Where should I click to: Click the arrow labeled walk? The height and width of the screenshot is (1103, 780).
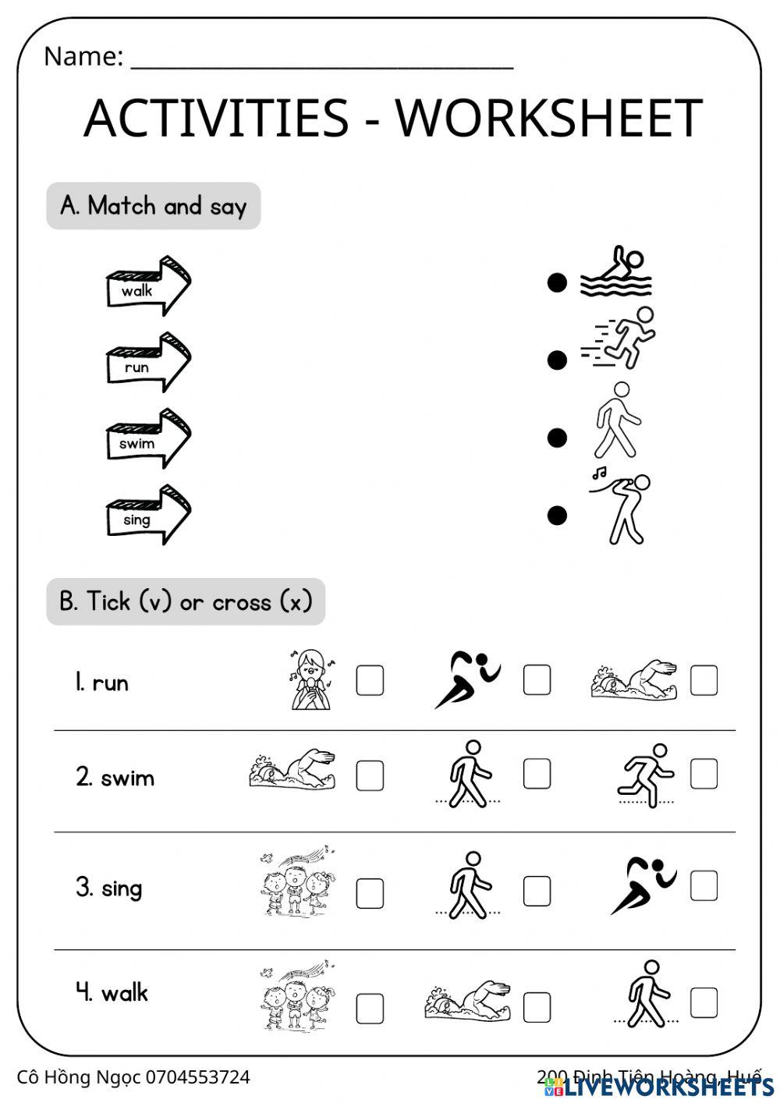(147, 286)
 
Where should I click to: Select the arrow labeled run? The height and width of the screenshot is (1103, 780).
(147, 363)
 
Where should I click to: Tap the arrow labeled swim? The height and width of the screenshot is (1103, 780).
(147, 439)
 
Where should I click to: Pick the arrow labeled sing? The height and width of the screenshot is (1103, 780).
(147, 516)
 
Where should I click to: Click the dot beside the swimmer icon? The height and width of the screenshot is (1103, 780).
(556, 282)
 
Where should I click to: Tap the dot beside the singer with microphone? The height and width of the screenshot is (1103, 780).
(556, 515)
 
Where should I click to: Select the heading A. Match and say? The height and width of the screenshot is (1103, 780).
(154, 206)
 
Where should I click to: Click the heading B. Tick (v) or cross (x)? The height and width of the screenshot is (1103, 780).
(186, 601)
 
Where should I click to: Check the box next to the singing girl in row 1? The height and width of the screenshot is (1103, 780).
(370, 680)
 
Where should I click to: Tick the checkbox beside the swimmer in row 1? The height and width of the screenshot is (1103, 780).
(704, 680)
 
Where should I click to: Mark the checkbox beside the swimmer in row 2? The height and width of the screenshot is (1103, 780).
(370, 775)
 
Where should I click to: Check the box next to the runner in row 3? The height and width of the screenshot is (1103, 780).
(704, 886)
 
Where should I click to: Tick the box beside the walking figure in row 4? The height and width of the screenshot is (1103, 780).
(704, 1002)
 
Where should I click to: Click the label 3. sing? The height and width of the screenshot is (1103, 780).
(109, 888)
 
